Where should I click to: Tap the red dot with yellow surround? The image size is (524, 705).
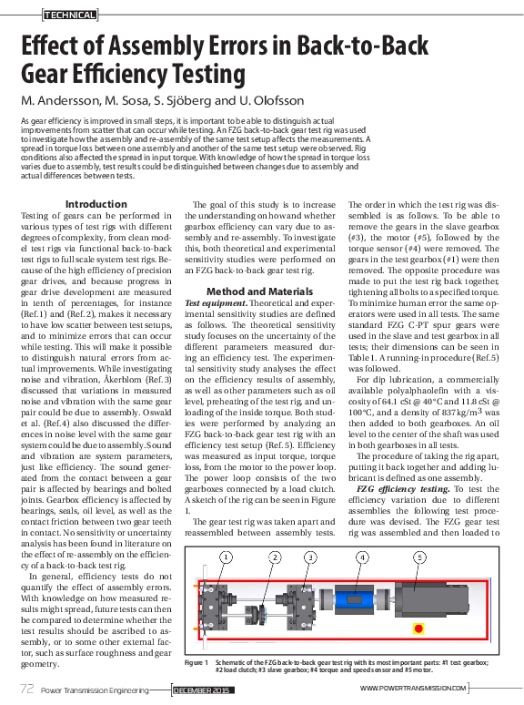(419, 628)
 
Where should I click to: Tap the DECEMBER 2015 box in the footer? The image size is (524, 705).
(203, 690)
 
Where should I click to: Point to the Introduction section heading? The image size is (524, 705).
(96, 204)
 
